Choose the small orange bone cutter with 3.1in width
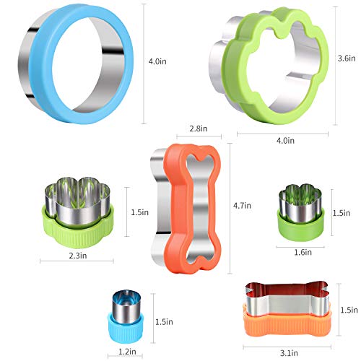287,308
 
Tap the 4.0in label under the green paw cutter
285,140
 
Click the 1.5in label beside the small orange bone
349,309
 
